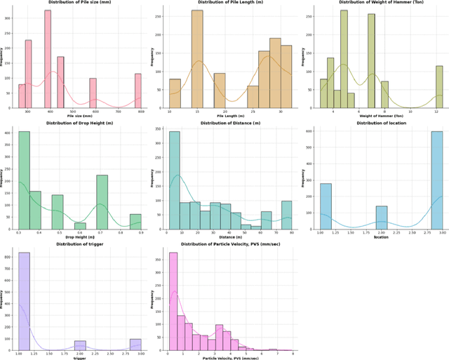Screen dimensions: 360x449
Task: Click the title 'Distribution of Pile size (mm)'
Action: pos(79,3)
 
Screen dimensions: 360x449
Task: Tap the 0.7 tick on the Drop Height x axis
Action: pos(102,233)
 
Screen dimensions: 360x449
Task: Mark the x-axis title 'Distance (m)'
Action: pos(224,236)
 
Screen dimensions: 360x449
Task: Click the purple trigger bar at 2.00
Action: pos(80,345)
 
